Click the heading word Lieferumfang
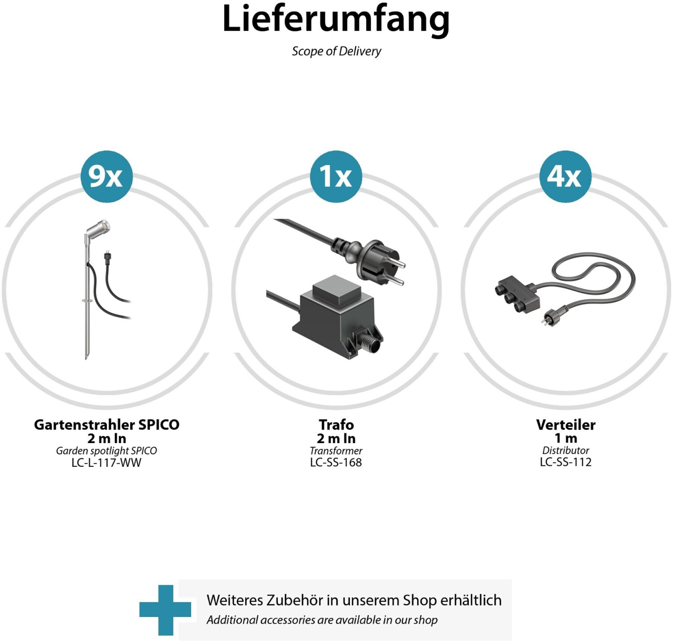[336, 19]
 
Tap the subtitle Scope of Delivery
[336, 51]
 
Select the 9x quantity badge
[107, 176]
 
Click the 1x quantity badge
[336, 176]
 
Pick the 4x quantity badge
[565, 176]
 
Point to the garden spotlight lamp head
[98, 229]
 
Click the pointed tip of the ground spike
[87, 357]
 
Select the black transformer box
[339, 316]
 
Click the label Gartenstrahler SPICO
[107, 425]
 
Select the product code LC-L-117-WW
[106, 463]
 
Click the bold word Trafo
[336, 425]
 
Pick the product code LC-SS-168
[336, 462]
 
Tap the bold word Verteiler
[566, 425]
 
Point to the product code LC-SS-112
[566, 462]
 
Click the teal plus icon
[165, 610]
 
